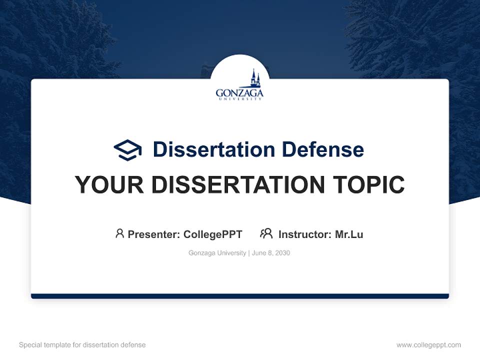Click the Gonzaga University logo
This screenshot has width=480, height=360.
coord(239,86)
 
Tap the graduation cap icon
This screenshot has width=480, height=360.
coord(127,149)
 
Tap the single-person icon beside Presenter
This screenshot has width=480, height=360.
coord(119,233)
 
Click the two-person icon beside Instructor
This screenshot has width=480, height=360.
coord(266,233)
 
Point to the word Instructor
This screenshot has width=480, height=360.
coord(304,234)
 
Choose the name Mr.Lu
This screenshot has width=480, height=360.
coord(349,234)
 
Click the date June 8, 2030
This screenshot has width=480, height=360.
coord(271,253)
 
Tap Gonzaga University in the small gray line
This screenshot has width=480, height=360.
coord(217,253)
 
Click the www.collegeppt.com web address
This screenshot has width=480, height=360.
coord(428,345)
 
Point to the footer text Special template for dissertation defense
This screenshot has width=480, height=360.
coord(82,345)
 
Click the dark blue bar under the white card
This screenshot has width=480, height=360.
coord(240,296)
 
